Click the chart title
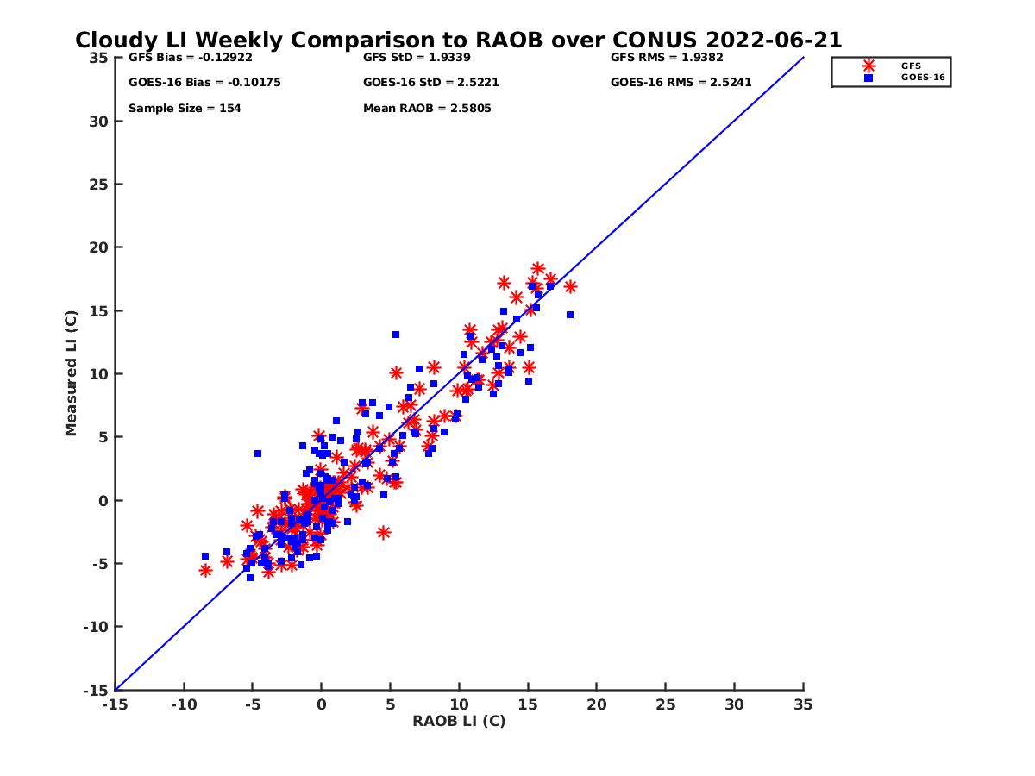[458, 40]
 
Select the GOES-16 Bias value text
[204, 83]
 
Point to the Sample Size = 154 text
[185, 109]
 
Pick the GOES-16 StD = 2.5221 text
[430, 83]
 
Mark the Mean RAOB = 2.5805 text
[427, 109]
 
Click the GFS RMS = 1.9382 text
[667, 58]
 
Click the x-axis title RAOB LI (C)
[459, 721]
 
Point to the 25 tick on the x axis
[665, 704]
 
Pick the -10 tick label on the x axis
[183, 704]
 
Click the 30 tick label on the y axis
[97, 122]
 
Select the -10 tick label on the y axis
[94, 627]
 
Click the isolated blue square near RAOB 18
[570, 315]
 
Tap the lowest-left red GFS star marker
[205, 570]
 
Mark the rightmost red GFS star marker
[570, 286]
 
